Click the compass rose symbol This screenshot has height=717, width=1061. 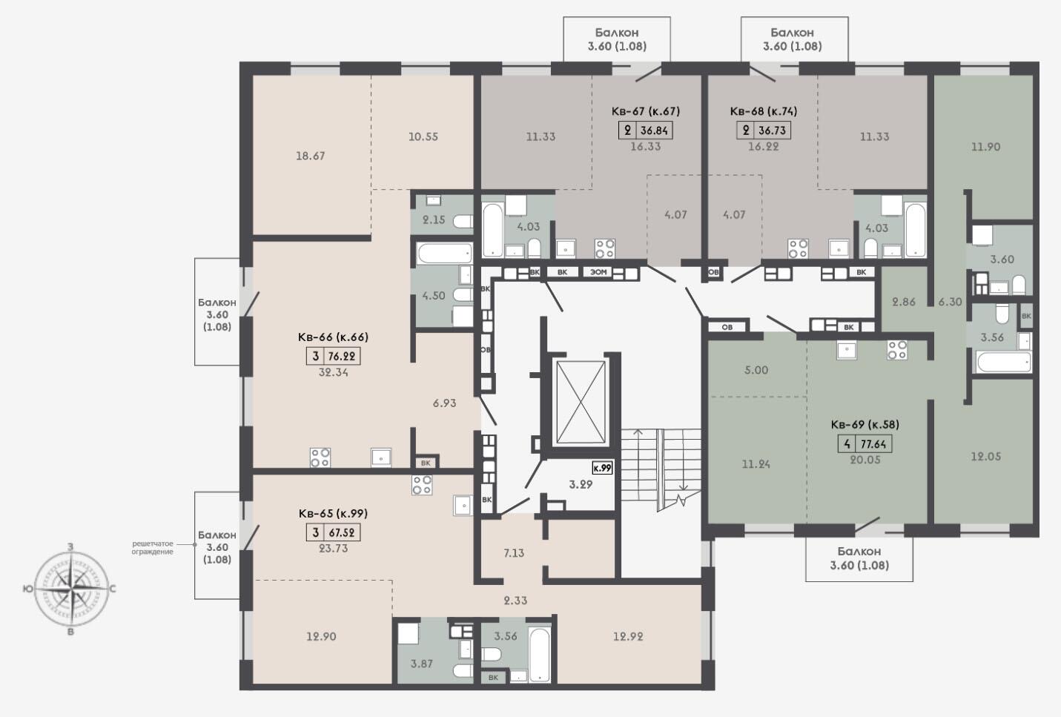[71, 589]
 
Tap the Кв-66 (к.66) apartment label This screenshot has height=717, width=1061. [333, 337]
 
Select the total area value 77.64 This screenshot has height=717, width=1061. [873, 444]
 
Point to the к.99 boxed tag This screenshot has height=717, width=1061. [603, 468]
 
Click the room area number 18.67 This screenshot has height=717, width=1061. [310, 156]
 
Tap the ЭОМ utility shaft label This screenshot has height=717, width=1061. [598, 272]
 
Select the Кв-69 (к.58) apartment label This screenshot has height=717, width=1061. [865, 424]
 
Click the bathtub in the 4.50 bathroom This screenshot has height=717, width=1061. [445, 254]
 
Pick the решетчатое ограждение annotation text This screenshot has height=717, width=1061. [153, 547]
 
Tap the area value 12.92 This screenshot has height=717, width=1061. [628, 636]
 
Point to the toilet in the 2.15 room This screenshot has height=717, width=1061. [463, 221]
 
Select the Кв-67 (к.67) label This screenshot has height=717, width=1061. [646, 110]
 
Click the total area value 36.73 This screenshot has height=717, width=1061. [772, 130]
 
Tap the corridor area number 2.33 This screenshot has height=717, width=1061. [515, 601]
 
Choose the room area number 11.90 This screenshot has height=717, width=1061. [985, 147]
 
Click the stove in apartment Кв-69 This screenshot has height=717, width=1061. [897, 350]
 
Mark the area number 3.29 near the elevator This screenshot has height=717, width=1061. [581, 484]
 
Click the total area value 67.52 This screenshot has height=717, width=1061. [342, 532]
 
